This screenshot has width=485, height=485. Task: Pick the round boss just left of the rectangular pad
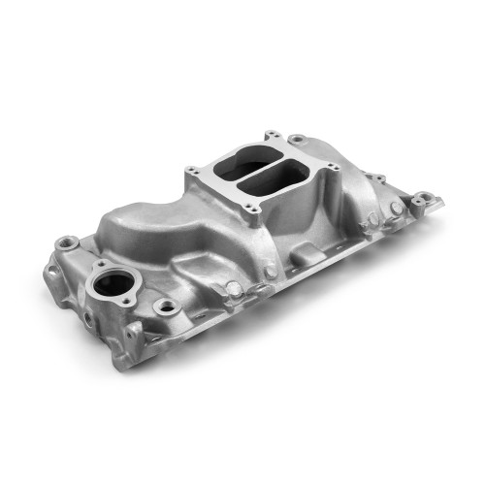(x=233, y=288)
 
